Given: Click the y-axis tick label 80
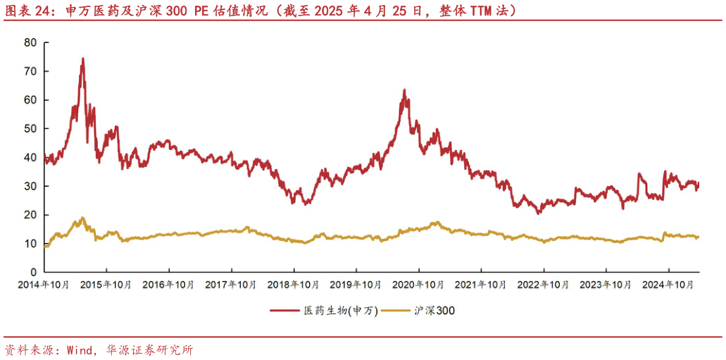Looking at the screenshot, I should pyautogui.click(x=30, y=42).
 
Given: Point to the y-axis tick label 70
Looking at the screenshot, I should pyautogui.click(x=30, y=71).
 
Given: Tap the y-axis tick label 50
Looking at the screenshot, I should pyautogui.click(x=30, y=129).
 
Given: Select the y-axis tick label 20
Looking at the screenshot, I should pyautogui.click(x=30, y=215).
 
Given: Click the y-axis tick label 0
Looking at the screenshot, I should pyautogui.click(x=33, y=272).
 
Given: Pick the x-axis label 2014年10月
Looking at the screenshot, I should pyautogui.click(x=44, y=285).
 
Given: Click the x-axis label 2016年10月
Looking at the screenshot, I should pyautogui.click(x=169, y=285).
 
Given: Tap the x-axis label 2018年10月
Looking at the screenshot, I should pyautogui.click(x=294, y=285).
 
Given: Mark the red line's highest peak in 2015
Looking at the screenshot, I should pyautogui.click(x=83, y=58).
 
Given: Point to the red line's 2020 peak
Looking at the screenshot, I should pyautogui.click(x=404, y=90).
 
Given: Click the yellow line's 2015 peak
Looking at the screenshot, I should pyautogui.click(x=83, y=218).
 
